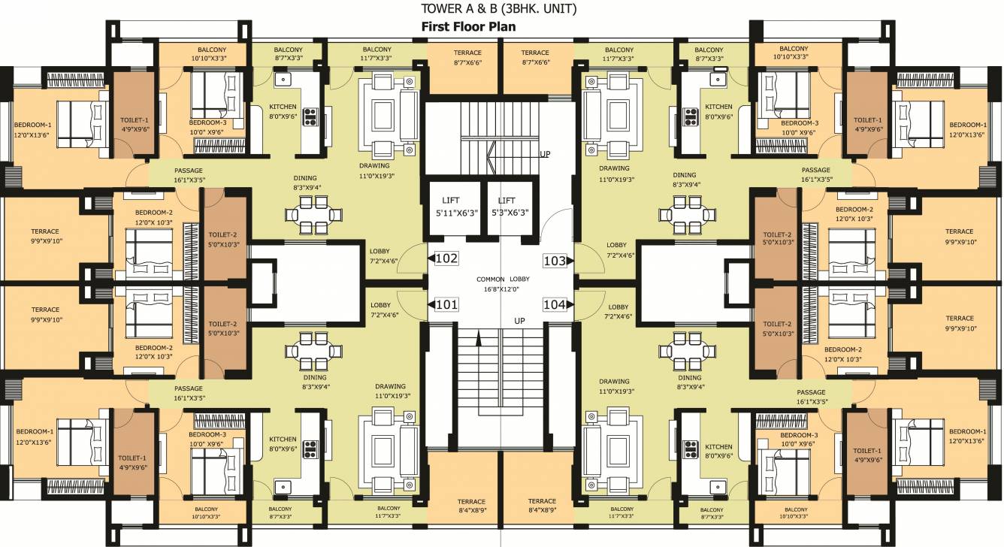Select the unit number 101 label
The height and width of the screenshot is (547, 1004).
coord(446,304)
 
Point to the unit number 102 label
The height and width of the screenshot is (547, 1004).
coord(446,258)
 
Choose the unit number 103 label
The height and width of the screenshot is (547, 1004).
coord(555,261)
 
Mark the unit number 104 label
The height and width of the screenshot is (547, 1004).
coord(555,304)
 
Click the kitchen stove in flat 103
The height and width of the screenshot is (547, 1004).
coord(690,116)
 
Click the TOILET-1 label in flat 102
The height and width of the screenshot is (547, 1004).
coord(135,124)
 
